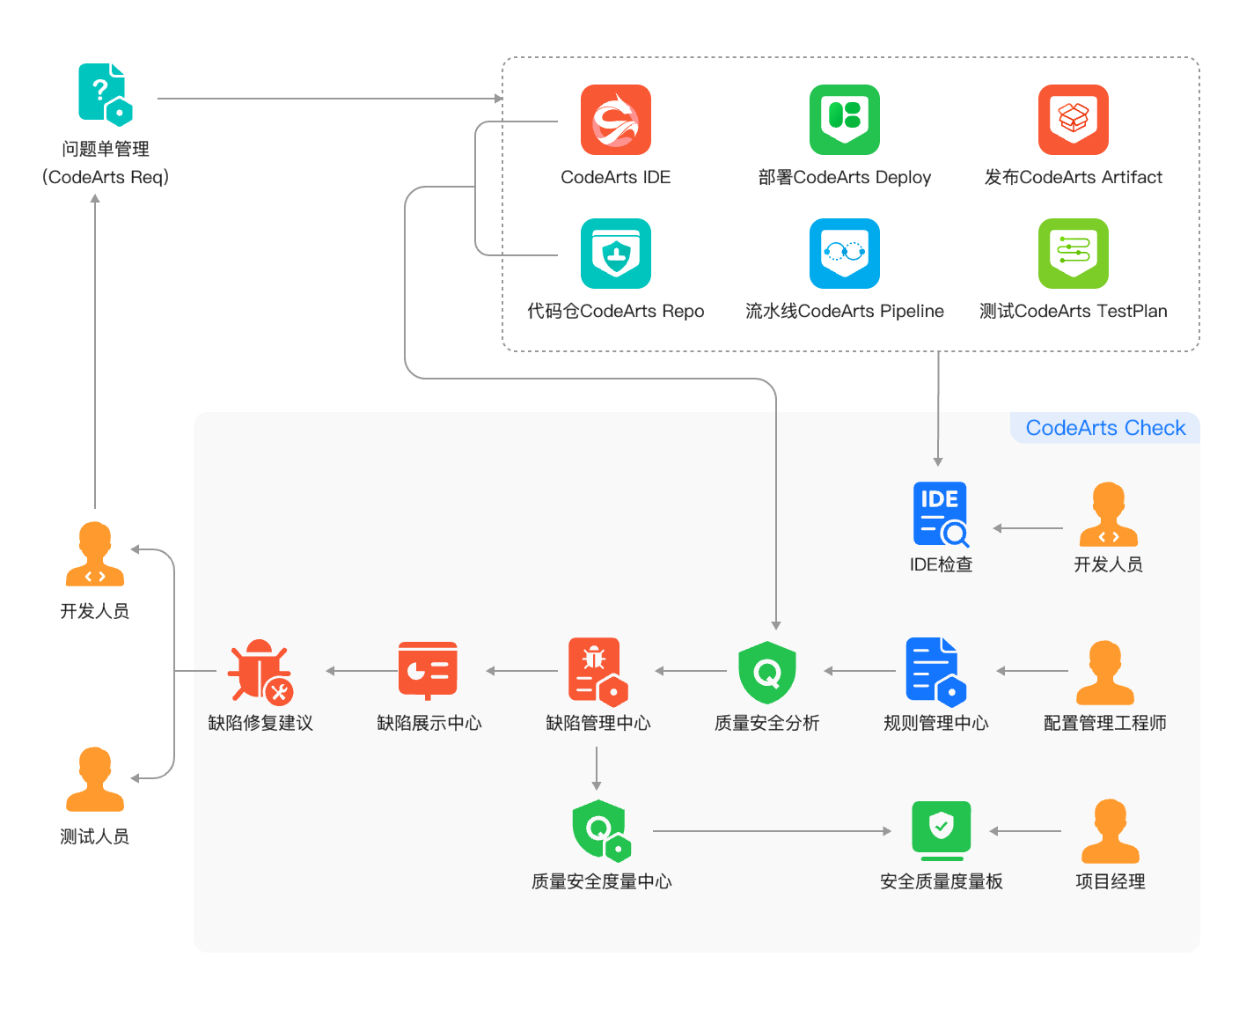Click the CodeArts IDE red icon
tap(615, 120)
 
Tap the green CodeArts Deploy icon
tap(844, 120)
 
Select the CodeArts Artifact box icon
tap(1073, 120)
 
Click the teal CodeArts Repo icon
tap(615, 254)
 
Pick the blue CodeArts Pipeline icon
tap(844, 254)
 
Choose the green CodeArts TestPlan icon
tap(1073, 254)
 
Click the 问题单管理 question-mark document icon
tap(105, 94)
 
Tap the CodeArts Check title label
tap(1105, 428)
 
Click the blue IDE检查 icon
tap(941, 514)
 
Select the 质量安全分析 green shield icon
tap(767, 673)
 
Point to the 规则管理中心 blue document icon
tap(935, 672)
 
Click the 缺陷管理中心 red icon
tap(598, 672)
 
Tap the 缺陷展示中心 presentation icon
tap(428, 670)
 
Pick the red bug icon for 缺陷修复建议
tap(260, 671)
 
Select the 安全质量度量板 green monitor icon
tap(941, 830)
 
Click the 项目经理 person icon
tap(1110, 831)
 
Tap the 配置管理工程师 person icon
tap(1104, 673)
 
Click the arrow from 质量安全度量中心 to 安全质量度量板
tap(772, 831)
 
